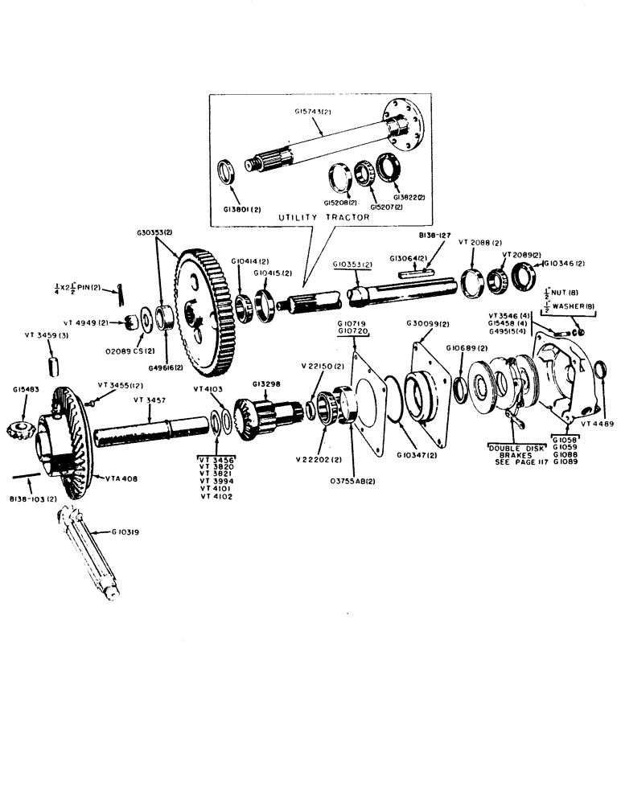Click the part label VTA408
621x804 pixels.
pos(121,478)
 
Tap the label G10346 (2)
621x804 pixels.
pos(566,263)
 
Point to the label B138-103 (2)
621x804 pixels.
pos(36,499)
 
